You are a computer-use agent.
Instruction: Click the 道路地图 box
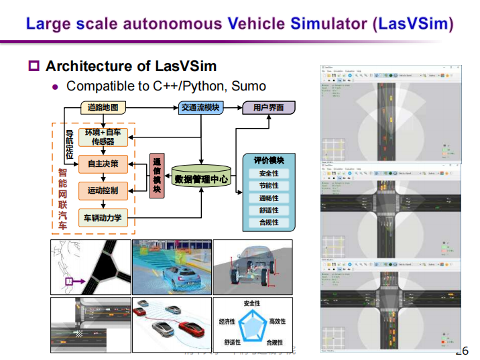click(103, 107)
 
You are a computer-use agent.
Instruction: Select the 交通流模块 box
click(200, 107)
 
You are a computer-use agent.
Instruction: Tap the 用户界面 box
click(263, 107)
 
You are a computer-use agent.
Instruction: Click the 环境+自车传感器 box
click(103, 137)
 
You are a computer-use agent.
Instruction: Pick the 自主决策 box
click(103, 164)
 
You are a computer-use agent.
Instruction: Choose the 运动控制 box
click(103, 191)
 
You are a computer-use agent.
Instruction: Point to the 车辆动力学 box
click(103, 219)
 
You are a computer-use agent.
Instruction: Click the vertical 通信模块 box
click(157, 176)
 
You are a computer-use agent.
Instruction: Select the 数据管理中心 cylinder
click(201, 178)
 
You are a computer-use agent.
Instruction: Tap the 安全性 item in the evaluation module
click(269, 174)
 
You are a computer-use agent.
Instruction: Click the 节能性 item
click(269, 186)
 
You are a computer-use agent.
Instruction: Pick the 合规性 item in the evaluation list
click(269, 223)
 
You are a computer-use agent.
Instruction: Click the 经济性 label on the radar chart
click(227, 322)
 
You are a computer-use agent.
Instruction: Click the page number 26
click(462, 351)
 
